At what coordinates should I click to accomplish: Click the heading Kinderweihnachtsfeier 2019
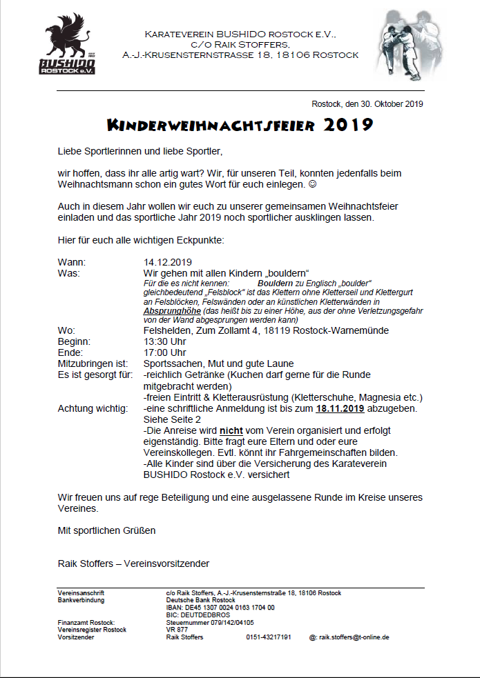tap(240, 126)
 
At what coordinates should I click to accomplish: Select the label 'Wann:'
tap(72, 262)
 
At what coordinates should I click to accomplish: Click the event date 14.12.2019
tap(167, 262)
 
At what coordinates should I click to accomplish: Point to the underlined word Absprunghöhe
tap(168, 311)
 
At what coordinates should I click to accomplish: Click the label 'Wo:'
tap(66, 330)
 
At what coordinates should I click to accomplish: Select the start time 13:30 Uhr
tap(165, 341)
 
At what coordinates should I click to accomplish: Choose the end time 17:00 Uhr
tap(165, 352)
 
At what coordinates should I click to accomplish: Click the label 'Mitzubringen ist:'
tap(93, 363)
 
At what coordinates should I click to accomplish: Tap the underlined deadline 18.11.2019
tap(340, 408)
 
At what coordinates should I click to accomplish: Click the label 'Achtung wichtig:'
tap(93, 408)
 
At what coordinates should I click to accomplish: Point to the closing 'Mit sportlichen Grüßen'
tap(107, 530)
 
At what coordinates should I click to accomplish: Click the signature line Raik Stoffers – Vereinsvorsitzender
tap(133, 564)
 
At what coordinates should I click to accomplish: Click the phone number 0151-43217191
tap(269, 637)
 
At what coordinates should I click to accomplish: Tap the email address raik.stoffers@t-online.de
tap(354, 637)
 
